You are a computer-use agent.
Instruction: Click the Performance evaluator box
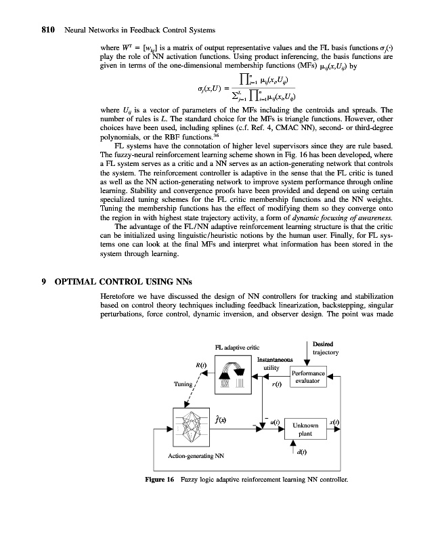[309, 377]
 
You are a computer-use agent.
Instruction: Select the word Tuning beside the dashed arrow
[183, 383]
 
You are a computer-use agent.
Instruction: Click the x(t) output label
[333, 421]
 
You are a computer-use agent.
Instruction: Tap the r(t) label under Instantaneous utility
[277, 385]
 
